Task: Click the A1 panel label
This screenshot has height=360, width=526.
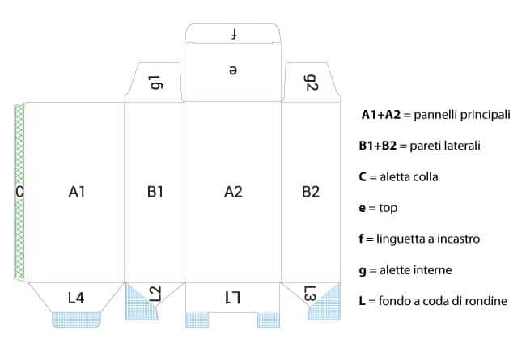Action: (x=77, y=192)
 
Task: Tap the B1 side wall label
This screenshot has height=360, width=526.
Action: (x=155, y=192)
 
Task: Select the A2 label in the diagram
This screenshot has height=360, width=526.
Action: (x=233, y=192)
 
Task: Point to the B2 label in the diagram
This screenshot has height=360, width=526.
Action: (x=311, y=192)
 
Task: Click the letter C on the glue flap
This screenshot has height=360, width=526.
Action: (x=19, y=192)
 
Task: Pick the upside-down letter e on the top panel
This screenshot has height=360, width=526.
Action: (x=233, y=70)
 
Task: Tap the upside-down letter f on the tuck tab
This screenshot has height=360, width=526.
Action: (x=233, y=34)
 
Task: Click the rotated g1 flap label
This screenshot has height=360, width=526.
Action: (x=155, y=82)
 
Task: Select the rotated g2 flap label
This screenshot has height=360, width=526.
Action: (x=311, y=82)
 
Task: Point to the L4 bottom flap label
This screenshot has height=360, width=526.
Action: (x=76, y=298)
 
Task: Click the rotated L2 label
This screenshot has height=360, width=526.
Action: (x=155, y=293)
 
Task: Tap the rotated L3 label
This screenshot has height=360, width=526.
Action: (x=310, y=294)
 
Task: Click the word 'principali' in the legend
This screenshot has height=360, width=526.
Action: (x=484, y=116)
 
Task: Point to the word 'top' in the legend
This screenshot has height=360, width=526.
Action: (x=388, y=208)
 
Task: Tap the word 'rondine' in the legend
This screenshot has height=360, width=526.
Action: (x=486, y=300)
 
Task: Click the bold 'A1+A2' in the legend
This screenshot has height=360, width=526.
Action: (x=380, y=116)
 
